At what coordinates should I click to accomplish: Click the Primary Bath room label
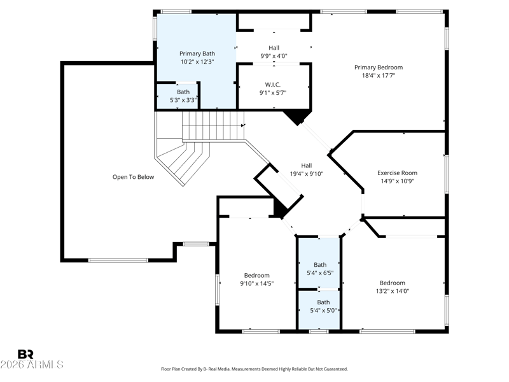pyautogui.click(x=197, y=53)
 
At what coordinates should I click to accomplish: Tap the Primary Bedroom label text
pyautogui.click(x=379, y=67)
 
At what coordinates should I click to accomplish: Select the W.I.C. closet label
pyautogui.click(x=273, y=85)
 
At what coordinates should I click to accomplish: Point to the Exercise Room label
pyautogui.click(x=397, y=173)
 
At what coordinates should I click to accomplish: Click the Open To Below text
pyautogui.click(x=133, y=177)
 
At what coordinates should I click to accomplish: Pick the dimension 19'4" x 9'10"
pyautogui.click(x=307, y=174)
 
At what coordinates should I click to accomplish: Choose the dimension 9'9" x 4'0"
pyautogui.click(x=274, y=56)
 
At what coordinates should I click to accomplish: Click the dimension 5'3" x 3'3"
pyautogui.click(x=183, y=100)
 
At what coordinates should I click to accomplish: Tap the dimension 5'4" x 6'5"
pyautogui.click(x=320, y=273)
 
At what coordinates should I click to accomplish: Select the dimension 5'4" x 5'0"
pyautogui.click(x=323, y=311)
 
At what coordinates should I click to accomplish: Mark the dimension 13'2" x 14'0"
pyautogui.click(x=393, y=291)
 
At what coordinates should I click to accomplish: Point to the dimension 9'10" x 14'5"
pyautogui.click(x=257, y=283)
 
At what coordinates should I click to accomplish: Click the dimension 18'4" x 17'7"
pyautogui.click(x=379, y=75)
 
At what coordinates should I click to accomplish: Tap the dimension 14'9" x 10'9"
pyautogui.click(x=397, y=181)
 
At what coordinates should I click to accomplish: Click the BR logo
pyautogui.click(x=25, y=354)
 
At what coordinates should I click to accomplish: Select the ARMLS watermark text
pyautogui.click(x=32, y=364)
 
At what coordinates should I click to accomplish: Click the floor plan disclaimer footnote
pyautogui.click(x=254, y=369)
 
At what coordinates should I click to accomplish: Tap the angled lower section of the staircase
pyautogui.click(x=183, y=162)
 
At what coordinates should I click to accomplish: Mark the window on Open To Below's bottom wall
pyautogui.click(x=118, y=260)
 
